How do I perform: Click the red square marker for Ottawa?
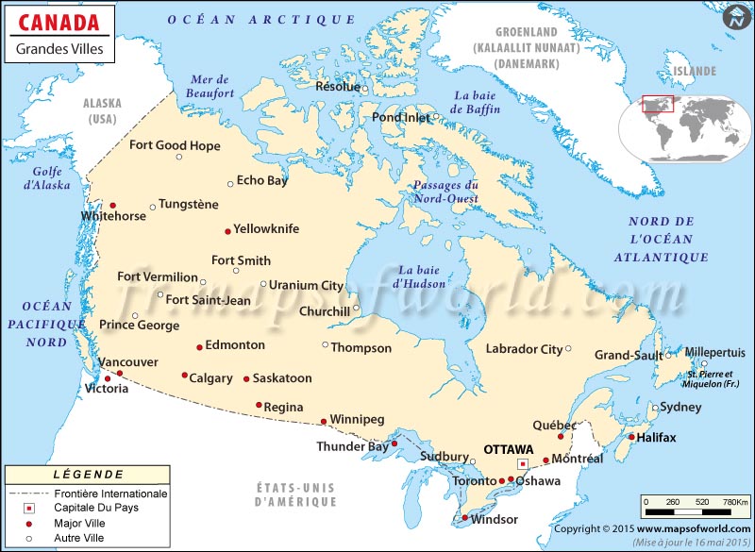(522, 465)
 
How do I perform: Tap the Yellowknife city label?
(266, 228)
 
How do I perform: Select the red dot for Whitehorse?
(113, 206)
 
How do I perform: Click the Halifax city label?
(656, 438)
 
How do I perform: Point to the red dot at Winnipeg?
(324, 421)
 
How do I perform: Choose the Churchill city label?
(324, 310)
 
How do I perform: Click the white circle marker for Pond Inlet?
(435, 118)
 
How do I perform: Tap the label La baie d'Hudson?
(420, 276)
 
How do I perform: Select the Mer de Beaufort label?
(210, 87)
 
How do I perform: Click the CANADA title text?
(58, 22)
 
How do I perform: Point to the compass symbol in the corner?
(736, 17)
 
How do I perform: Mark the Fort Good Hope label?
(175, 145)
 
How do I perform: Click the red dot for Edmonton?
(199, 347)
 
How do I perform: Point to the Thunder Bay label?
(352, 446)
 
